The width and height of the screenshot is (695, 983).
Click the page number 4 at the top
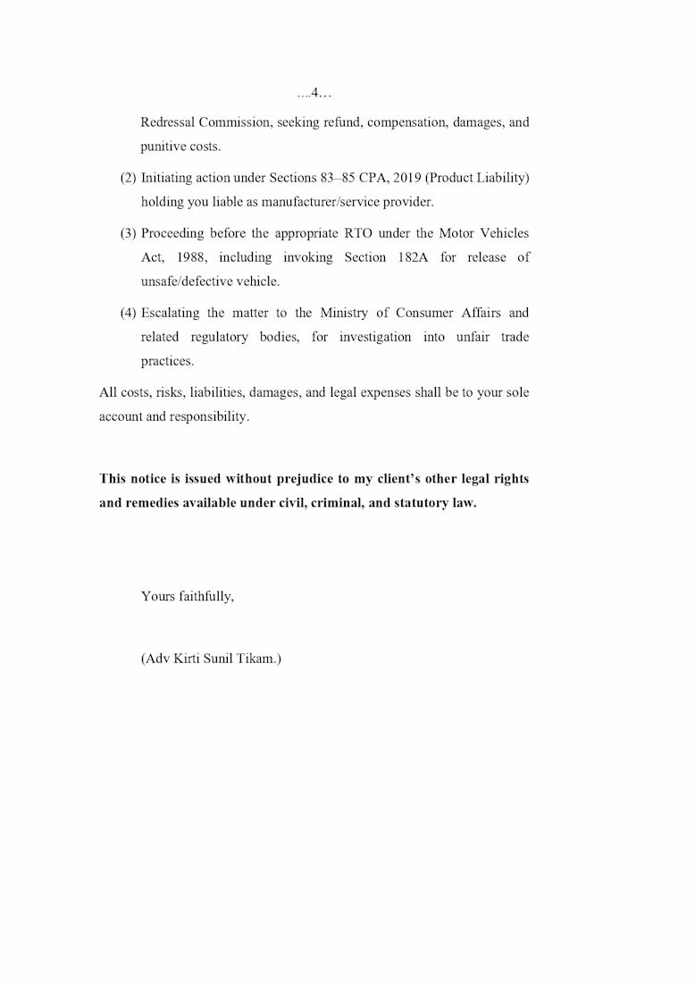(316, 93)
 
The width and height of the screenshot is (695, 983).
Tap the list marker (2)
(128, 178)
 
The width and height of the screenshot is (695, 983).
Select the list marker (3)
(128, 233)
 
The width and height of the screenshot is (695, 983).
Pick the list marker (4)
(128, 313)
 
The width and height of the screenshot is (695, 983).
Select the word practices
(167, 361)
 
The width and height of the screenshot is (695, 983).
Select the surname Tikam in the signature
(258, 660)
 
